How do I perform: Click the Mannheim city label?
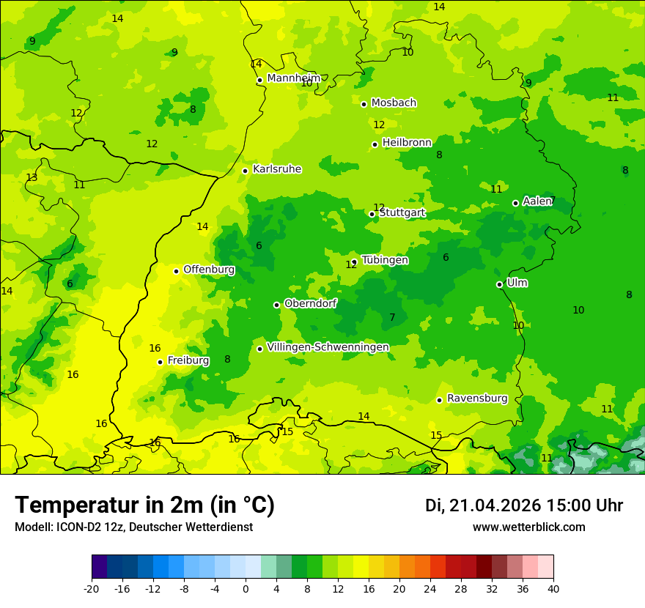click(x=293, y=78)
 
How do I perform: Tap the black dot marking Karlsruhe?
click(x=245, y=171)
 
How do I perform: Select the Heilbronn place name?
click(x=407, y=142)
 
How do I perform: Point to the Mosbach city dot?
click(x=364, y=104)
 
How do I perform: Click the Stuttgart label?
click(x=402, y=212)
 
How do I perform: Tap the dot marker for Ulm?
click(x=499, y=284)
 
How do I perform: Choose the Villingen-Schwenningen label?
click(x=328, y=347)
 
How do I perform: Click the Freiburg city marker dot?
click(x=160, y=362)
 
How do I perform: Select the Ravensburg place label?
click(x=476, y=398)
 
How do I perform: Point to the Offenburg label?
click(x=209, y=270)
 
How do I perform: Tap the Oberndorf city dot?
click(x=276, y=305)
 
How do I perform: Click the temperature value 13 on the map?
click(x=32, y=178)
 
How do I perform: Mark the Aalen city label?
click(x=537, y=201)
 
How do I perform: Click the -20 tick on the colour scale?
click(x=92, y=588)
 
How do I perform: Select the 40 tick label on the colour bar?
click(x=553, y=588)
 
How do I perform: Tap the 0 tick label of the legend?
click(x=246, y=588)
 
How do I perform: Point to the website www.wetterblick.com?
click(x=528, y=527)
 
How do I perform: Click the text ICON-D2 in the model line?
click(x=75, y=527)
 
